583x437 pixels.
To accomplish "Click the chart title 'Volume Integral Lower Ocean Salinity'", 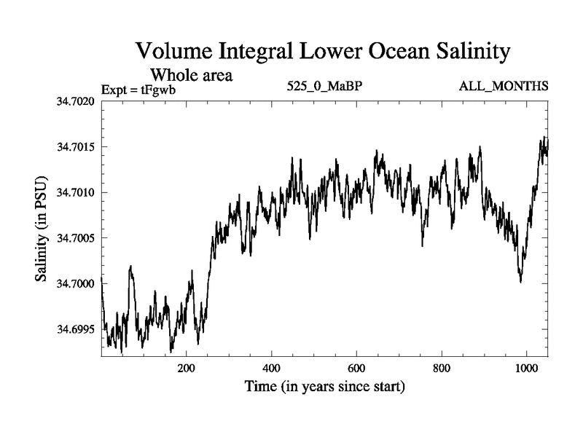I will (321, 52).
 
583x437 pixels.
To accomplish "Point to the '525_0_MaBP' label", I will (324, 87).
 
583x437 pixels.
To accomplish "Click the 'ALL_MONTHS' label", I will (504, 87).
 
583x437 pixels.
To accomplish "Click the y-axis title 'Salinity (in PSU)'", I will (42, 229).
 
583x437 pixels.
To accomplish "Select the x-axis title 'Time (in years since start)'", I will (324, 387).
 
